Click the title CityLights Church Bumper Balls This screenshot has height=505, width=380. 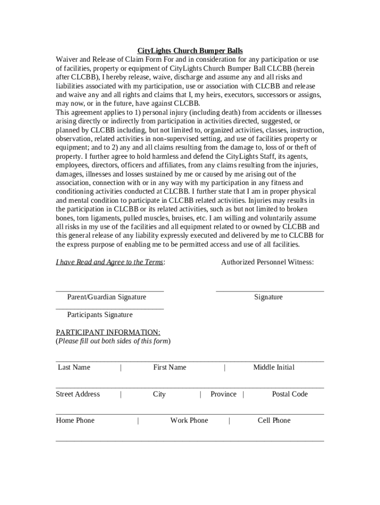click(x=190, y=51)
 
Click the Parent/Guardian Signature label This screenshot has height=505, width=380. click(x=107, y=297)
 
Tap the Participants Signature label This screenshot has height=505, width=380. click(x=100, y=315)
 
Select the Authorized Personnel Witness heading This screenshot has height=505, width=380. click(x=267, y=262)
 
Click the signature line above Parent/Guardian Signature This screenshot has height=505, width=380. click(x=110, y=291)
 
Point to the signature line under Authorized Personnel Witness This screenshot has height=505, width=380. click(x=270, y=291)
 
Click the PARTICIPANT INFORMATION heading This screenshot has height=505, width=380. click(x=108, y=332)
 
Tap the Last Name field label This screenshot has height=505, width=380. click(x=74, y=367)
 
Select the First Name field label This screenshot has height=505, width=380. click(x=170, y=367)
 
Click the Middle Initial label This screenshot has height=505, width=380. click(x=274, y=367)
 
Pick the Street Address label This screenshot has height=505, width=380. click(x=78, y=394)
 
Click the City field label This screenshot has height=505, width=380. click(x=159, y=394)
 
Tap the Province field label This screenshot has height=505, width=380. click(x=224, y=394)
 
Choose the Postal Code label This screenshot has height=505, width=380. click(x=290, y=394)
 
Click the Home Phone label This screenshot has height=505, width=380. click(x=76, y=421)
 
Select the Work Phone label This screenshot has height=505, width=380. click(x=189, y=421)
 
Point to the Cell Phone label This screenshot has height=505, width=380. click(x=274, y=421)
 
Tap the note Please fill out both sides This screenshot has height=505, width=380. click(x=113, y=341)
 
